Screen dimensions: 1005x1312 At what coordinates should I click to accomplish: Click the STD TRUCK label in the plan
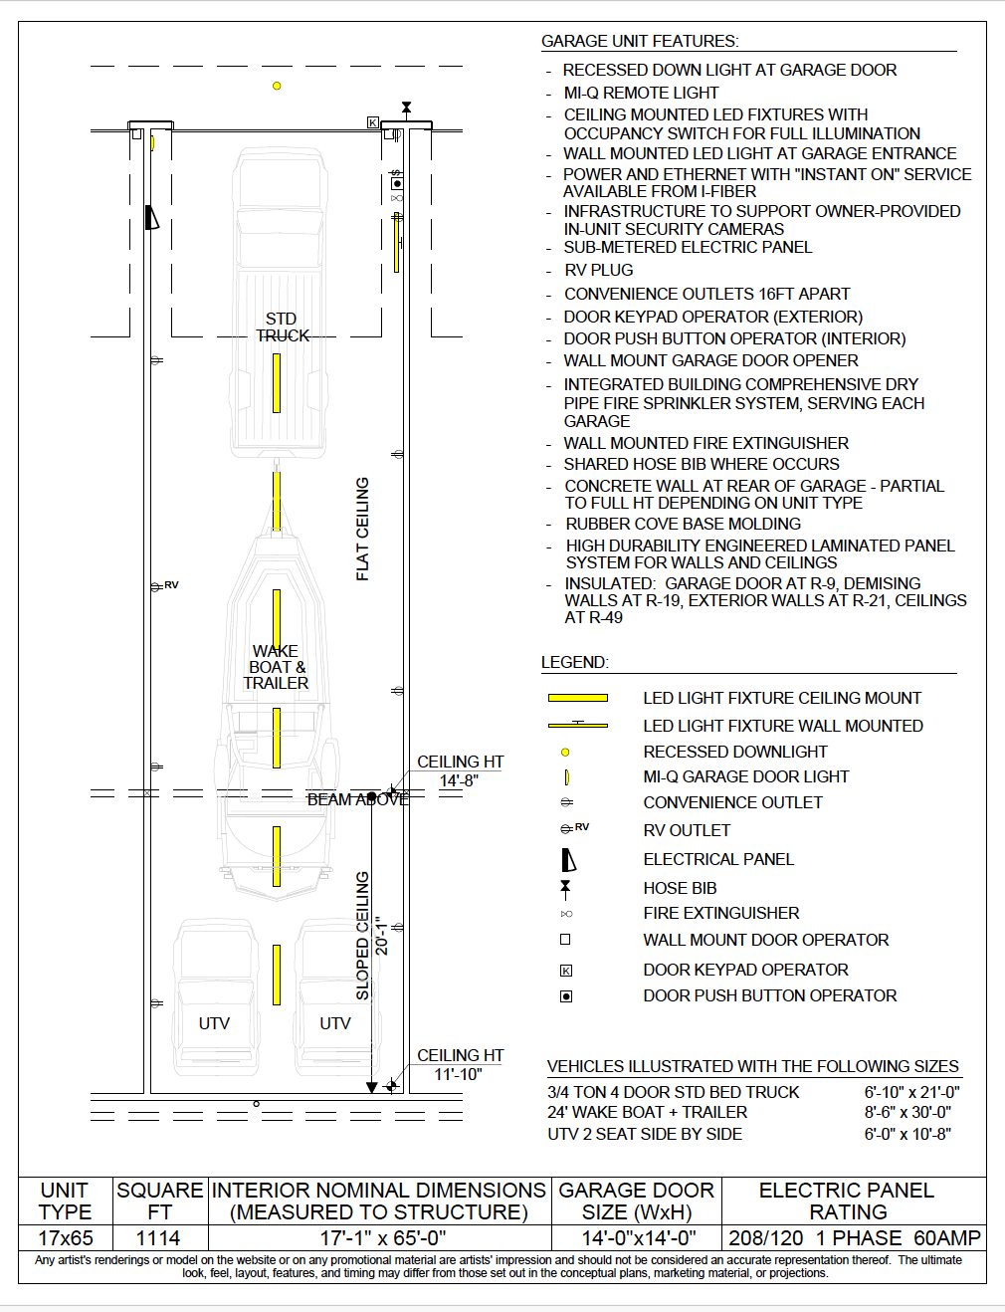pos(283,328)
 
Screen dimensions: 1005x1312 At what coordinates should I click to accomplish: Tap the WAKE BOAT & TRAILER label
pos(276,667)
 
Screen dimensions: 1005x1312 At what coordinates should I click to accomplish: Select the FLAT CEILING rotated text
pos(362,529)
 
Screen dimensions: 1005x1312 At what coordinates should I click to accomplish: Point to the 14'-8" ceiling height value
pos(459,780)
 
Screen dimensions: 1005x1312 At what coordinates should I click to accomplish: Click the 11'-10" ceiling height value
pos(459,1074)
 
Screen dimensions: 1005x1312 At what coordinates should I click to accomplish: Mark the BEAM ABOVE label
pos(358,799)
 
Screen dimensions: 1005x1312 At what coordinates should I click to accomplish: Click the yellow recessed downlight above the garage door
pos(277,86)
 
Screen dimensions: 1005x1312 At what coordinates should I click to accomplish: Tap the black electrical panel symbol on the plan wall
pos(152,217)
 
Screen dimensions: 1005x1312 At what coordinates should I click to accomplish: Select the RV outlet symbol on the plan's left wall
pos(164,585)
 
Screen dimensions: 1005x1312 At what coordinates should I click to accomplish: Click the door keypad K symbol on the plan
pos(373,122)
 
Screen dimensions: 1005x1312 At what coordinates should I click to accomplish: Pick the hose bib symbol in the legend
pos(565,889)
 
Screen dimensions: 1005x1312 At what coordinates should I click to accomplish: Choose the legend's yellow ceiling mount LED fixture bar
pos(578,698)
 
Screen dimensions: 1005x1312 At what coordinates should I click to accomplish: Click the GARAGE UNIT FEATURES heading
pos(640,41)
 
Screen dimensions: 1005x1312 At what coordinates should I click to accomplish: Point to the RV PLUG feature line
pos(598,270)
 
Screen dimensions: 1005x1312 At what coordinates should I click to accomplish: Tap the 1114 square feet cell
pos(158,1238)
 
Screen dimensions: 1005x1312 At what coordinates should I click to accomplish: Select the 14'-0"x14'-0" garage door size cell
pos(638,1238)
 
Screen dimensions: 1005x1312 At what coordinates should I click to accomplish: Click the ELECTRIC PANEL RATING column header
pos(847,1201)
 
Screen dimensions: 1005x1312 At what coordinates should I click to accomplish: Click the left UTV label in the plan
pos(214,1023)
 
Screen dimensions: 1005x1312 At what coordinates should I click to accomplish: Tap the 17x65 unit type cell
pos(65,1238)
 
